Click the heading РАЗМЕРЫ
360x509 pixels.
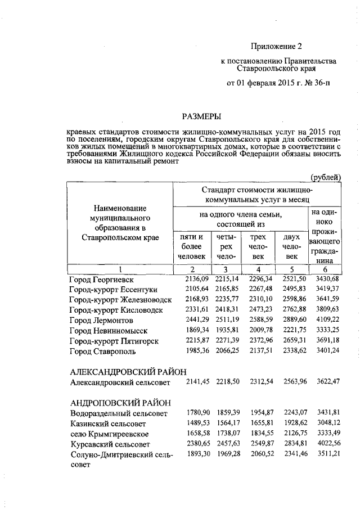click(x=201, y=116)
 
